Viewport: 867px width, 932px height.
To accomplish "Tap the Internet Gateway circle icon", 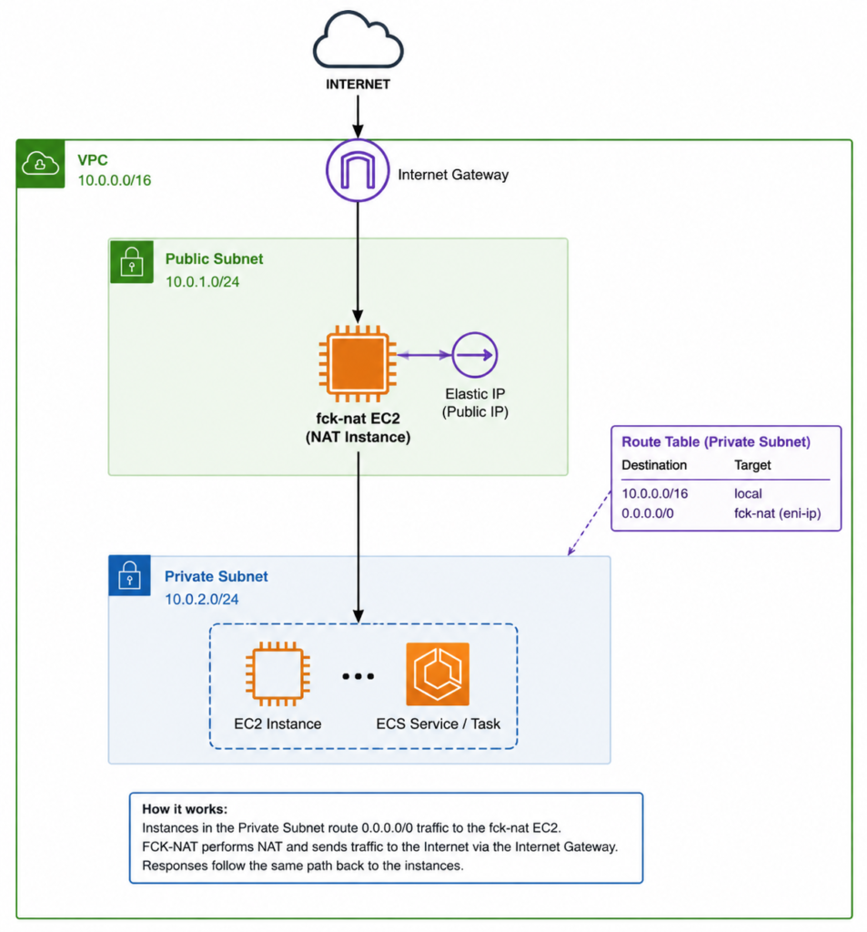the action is point(358,170).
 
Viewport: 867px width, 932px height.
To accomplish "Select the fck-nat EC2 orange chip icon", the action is point(358,363).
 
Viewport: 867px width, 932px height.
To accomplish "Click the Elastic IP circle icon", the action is point(475,355).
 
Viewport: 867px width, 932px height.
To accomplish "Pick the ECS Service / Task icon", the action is point(438,674).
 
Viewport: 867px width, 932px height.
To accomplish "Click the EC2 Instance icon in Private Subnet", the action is point(277,674).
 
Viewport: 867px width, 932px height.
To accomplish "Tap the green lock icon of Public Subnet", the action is point(131,261).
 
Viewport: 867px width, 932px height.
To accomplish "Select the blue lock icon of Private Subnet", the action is point(129,575).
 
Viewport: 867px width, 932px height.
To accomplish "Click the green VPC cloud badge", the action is point(40,164).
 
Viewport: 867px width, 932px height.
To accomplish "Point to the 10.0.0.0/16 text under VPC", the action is point(115,180).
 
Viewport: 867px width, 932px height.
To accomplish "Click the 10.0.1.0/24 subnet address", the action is point(203,282).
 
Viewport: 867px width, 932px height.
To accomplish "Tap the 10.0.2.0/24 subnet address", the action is point(201,599).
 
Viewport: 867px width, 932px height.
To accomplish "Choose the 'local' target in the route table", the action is point(748,493).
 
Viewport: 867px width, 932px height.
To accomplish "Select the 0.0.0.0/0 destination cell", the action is point(648,513).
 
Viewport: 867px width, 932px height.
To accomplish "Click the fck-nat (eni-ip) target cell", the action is point(778,513).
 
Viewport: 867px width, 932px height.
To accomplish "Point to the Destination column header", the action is point(654,465).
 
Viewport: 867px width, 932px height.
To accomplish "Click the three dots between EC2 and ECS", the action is point(358,676).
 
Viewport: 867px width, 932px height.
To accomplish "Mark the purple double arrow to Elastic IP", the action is point(424,355).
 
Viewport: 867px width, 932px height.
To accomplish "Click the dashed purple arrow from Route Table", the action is point(590,522).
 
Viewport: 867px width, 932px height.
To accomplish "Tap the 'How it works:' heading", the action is point(185,809).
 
